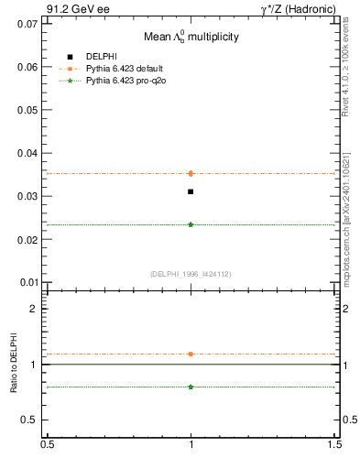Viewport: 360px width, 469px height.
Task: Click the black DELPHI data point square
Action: (x=191, y=191)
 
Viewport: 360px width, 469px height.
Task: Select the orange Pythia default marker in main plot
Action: (x=191, y=173)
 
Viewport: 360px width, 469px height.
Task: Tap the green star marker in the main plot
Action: (x=191, y=224)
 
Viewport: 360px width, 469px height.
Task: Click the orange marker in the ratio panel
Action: (x=191, y=354)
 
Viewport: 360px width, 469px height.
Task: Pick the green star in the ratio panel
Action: (x=191, y=387)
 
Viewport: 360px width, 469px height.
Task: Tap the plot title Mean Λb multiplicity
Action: (x=191, y=37)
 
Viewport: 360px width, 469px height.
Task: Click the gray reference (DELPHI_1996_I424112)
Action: (x=191, y=273)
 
